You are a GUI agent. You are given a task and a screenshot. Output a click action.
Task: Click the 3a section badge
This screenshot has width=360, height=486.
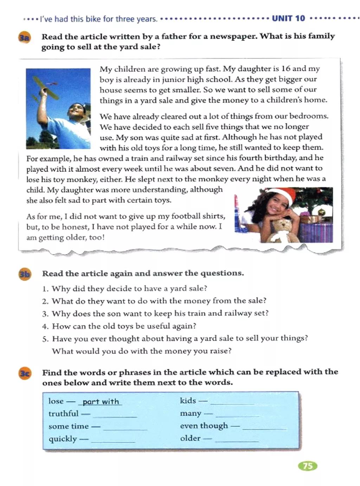[x=24, y=37]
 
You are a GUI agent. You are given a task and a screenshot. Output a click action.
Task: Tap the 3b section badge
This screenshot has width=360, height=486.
[x=24, y=274]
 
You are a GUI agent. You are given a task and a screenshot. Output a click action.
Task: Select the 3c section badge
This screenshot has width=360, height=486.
[x=24, y=373]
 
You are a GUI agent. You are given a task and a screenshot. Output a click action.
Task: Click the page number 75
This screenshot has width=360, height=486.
[x=308, y=466]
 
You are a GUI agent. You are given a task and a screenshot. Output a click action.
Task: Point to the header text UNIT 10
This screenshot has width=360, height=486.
[x=288, y=18]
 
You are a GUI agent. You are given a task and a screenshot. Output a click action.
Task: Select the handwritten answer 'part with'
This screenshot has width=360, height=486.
[x=101, y=402]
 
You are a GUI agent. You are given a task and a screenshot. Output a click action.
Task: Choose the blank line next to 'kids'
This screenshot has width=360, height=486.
[x=232, y=402]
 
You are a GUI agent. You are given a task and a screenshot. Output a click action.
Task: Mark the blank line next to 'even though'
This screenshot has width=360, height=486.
[x=264, y=428]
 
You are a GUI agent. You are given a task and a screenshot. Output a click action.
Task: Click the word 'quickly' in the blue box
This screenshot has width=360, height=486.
[x=63, y=439]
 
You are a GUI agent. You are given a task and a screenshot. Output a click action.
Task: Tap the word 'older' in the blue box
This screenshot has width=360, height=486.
[x=190, y=438]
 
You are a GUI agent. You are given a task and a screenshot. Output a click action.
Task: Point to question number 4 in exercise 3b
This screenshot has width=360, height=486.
[x=45, y=326]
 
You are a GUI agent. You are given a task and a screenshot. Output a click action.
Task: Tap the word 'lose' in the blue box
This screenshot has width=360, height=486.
[x=56, y=401]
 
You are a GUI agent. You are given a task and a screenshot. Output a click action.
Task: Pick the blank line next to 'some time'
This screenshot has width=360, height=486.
[x=125, y=428]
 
